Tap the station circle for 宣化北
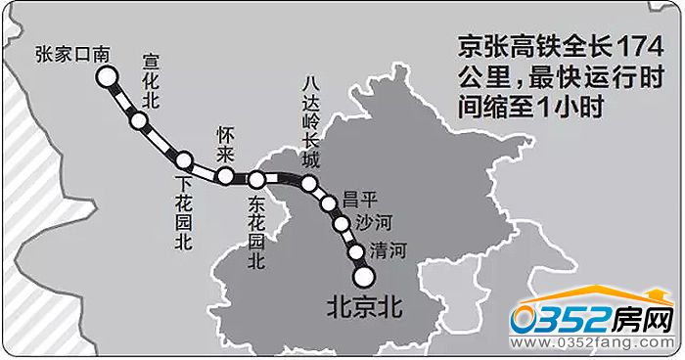(x=139, y=120)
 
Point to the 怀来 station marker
(x=225, y=176)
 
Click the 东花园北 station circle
(x=256, y=179)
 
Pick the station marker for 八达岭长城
(x=309, y=183)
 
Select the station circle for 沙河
(x=341, y=223)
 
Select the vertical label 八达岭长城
(x=312, y=117)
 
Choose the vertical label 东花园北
(x=257, y=233)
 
